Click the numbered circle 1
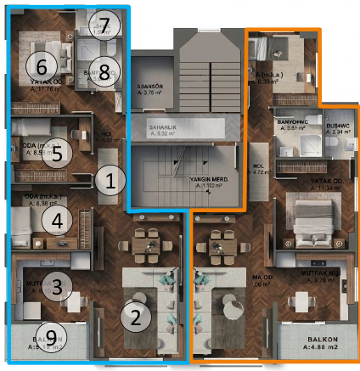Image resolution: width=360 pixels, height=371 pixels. coord(110,179)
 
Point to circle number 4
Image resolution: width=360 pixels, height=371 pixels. coord(57,222)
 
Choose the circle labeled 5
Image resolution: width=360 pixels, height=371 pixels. coord(57,153)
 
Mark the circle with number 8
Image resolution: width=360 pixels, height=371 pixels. coord(104,72)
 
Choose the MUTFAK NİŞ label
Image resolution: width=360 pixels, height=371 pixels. coord(321,274)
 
